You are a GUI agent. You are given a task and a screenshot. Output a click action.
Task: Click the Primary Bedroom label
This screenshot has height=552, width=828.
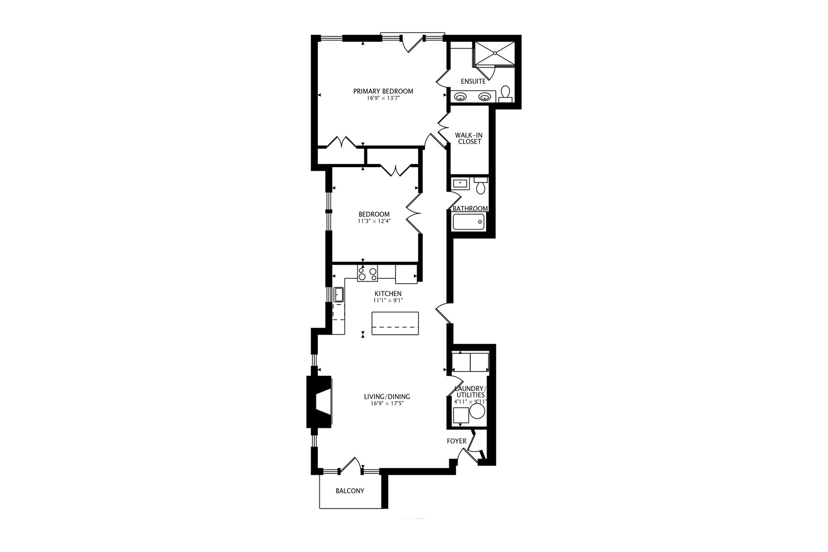tap(383, 91)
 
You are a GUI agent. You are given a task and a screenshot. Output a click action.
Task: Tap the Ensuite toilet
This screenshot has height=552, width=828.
tap(505, 94)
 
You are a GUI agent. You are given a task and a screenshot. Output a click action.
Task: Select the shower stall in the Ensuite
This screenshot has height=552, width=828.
tap(495, 54)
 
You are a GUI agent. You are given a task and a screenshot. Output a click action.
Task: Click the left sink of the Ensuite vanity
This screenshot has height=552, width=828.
tap(460, 97)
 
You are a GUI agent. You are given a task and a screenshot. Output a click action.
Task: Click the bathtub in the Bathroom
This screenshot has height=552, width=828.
tap(468, 222)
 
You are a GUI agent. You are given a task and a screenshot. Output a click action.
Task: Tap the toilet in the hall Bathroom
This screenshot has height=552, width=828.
tap(480, 186)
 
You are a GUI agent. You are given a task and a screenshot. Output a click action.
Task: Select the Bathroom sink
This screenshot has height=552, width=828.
tap(460, 183)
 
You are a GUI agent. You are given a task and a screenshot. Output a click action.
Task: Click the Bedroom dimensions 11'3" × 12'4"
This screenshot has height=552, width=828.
tap(374, 221)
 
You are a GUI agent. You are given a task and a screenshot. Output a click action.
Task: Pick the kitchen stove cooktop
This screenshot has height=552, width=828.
tap(367, 273)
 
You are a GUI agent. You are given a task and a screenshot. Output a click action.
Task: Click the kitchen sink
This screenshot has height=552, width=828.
tap(338, 295)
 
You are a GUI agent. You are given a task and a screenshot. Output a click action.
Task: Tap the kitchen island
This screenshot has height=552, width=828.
tap(395, 323)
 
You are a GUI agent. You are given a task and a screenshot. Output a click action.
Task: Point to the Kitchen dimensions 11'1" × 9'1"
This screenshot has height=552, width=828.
tap(388, 301)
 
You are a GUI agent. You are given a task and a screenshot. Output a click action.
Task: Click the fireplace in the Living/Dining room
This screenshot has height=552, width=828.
tap(318, 402)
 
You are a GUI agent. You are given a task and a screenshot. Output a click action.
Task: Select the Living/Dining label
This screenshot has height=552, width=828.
tap(387, 397)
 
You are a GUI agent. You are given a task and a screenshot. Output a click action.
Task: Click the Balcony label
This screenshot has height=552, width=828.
tap(350, 491)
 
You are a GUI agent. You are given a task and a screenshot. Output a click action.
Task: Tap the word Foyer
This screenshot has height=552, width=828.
tap(456, 441)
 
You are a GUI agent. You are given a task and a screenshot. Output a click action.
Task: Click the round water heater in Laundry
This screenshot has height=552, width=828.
tap(477, 411)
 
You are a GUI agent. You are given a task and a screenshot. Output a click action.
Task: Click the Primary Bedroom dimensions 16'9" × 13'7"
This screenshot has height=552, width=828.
tap(383, 98)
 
